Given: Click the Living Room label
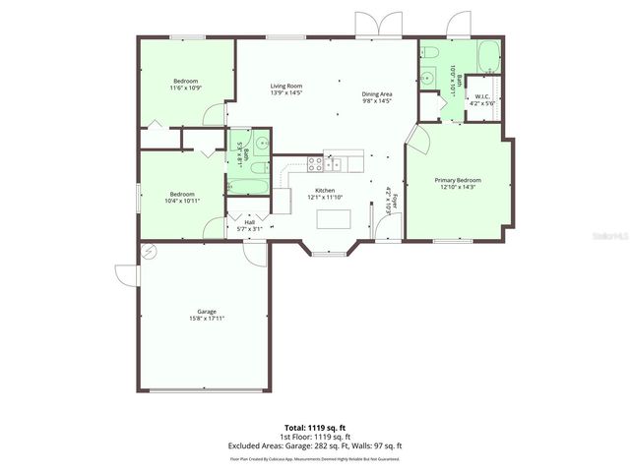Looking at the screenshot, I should click(x=285, y=87).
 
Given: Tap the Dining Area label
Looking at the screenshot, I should click(x=377, y=93).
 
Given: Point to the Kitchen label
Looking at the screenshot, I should click(x=325, y=190).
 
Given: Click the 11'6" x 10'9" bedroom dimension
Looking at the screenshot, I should click(x=186, y=88).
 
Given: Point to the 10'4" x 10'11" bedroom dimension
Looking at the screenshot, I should click(x=182, y=201).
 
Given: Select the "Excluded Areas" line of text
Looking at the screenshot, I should click(x=315, y=446).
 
